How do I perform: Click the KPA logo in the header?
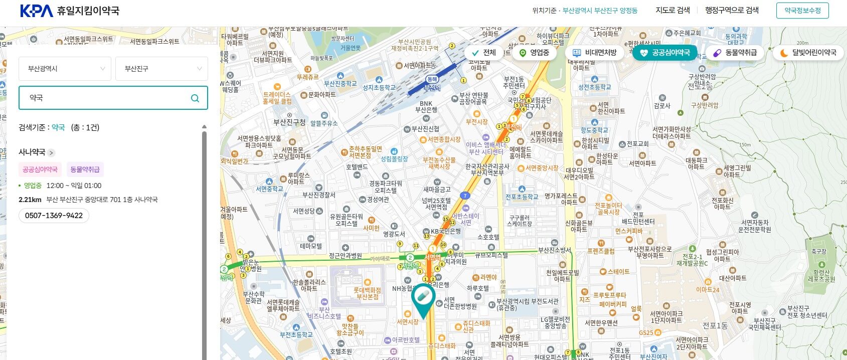[36, 11]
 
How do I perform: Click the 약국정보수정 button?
[802, 11]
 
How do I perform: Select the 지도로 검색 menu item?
[672, 10]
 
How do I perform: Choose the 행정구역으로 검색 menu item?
[732, 10]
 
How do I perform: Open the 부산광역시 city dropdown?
[65, 69]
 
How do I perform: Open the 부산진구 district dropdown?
[161, 69]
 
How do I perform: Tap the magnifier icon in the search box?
[195, 98]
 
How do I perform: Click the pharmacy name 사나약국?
[32, 152]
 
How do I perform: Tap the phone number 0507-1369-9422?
[54, 216]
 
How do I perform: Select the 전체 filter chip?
[484, 53]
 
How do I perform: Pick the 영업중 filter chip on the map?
[534, 53]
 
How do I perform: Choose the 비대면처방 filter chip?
[595, 53]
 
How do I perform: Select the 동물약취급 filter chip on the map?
[735, 53]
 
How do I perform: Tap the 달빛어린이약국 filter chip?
[808, 53]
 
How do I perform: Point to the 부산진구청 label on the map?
[289, 122]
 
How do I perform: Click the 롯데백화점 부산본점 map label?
[367, 293]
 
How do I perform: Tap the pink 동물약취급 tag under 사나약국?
[85, 169]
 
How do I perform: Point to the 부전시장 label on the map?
[476, 122]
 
